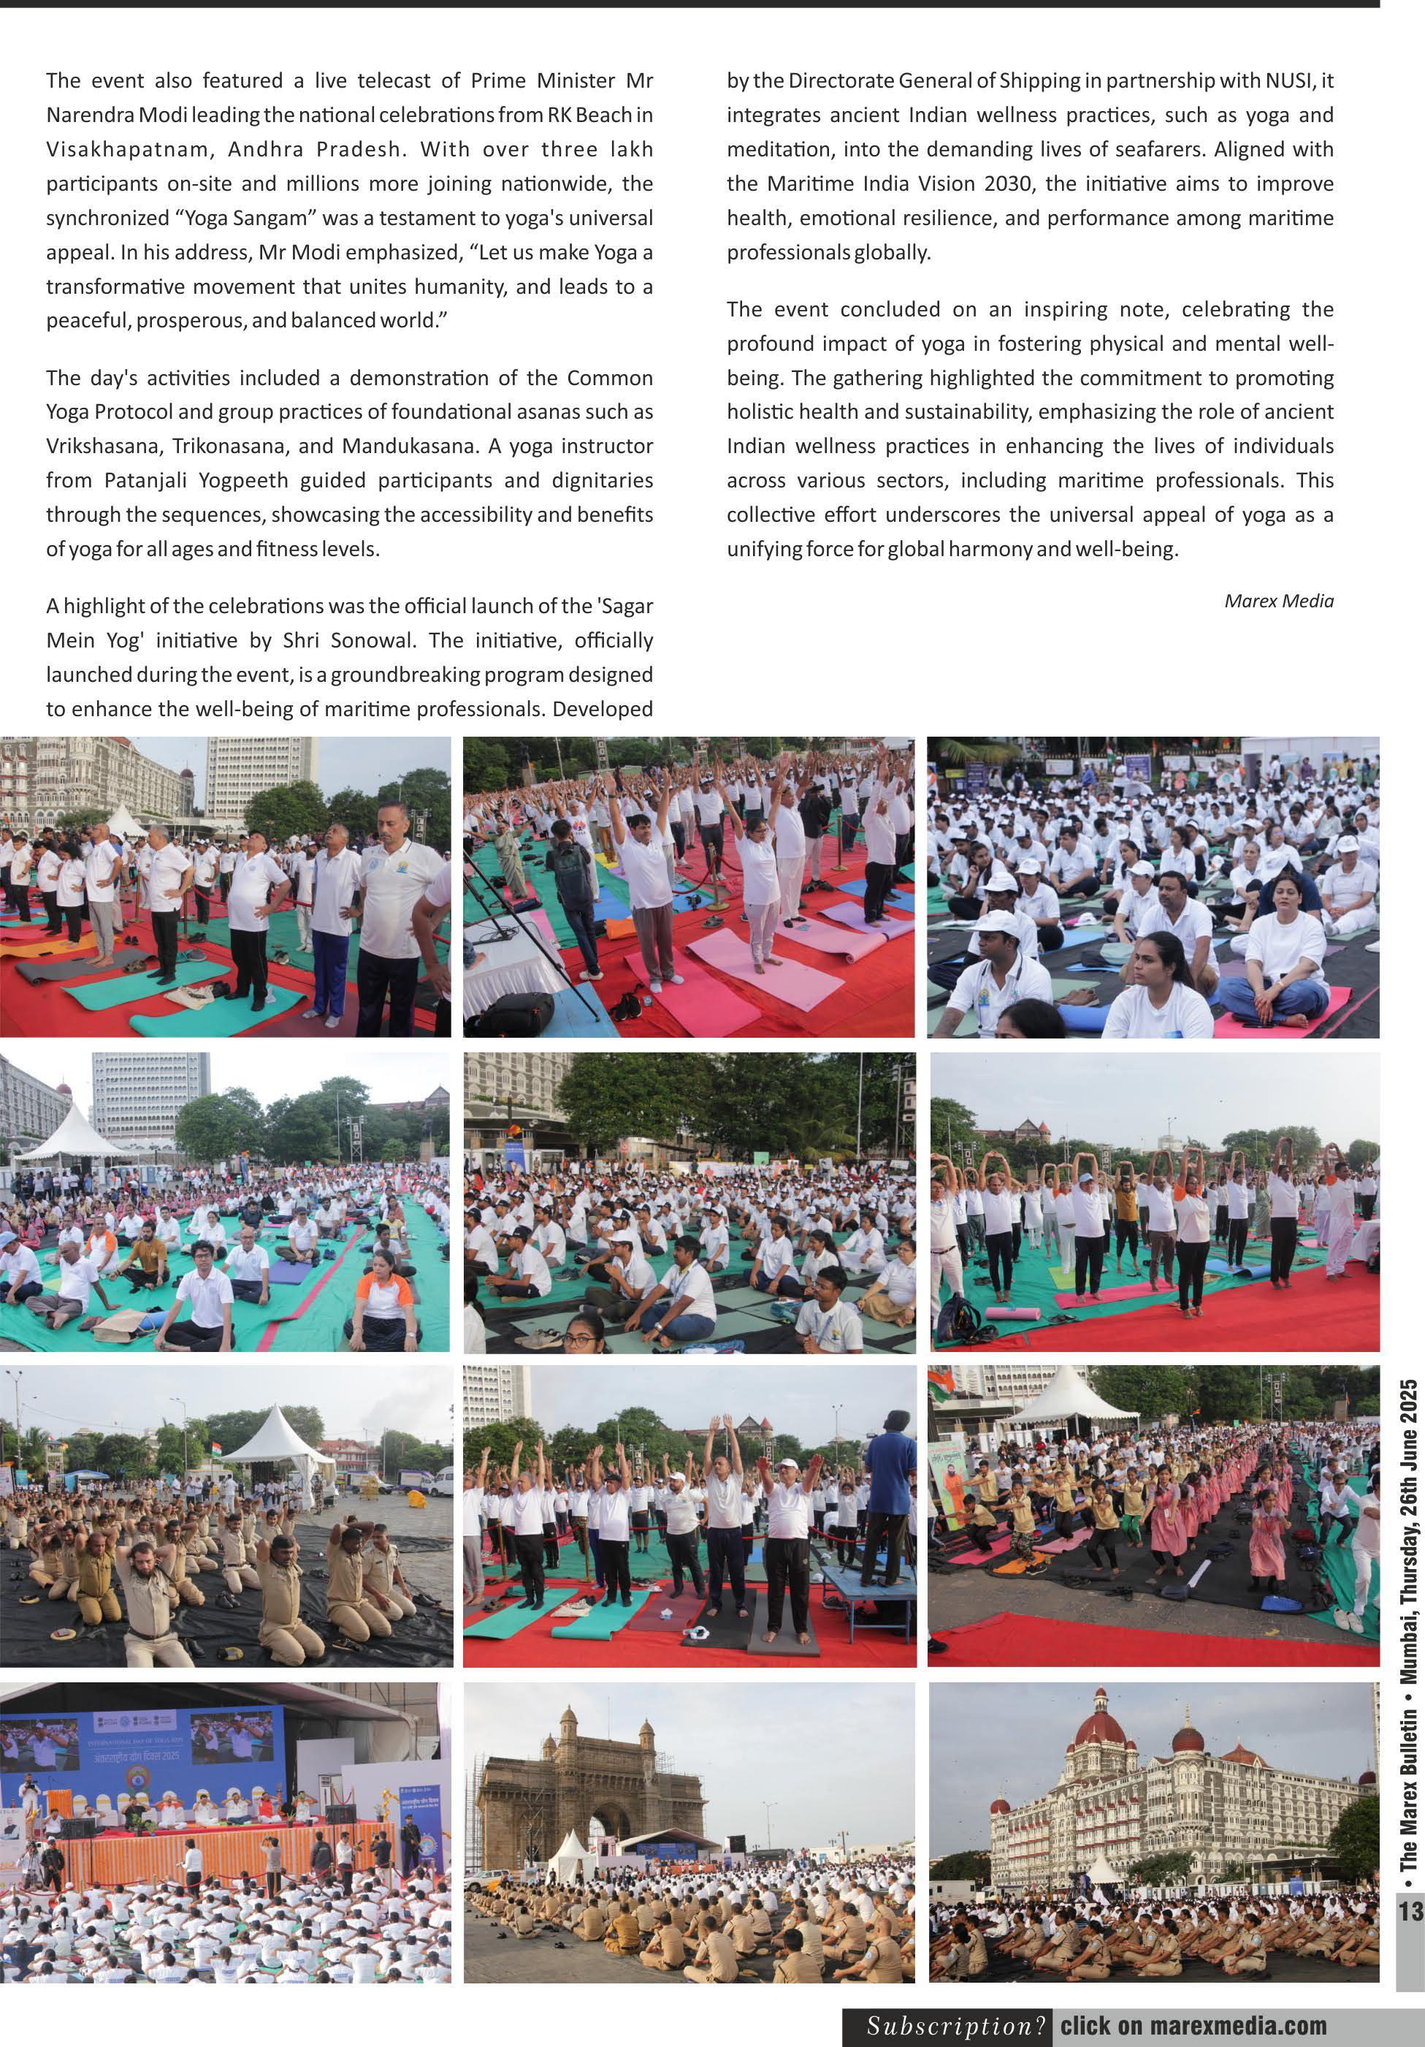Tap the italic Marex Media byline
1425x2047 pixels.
point(1278,601)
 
